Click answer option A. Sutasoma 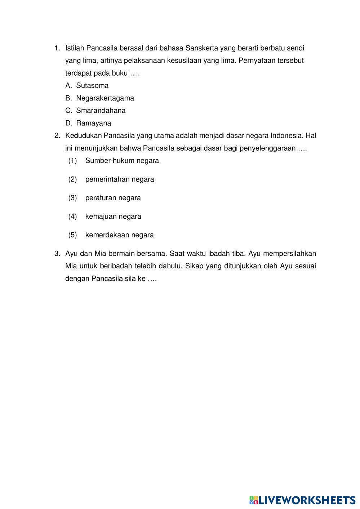(x=92, y=86)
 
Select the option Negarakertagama (x=105, y=98)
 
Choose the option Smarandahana (x=101, y=111)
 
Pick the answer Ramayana (x=93, y=123)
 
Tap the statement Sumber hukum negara (x=122, y=161)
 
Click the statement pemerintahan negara (x=119, y=179)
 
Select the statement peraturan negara (x=113, y=198)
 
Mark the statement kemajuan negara (x=113, y=216)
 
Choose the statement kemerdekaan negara (x=119, y=235)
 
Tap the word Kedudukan (x=83, y=136)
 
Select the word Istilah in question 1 (x=75, y=48)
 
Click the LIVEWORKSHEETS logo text (x=306, y=500)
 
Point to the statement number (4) (x=72, y=216)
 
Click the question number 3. (x=57, y=254)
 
